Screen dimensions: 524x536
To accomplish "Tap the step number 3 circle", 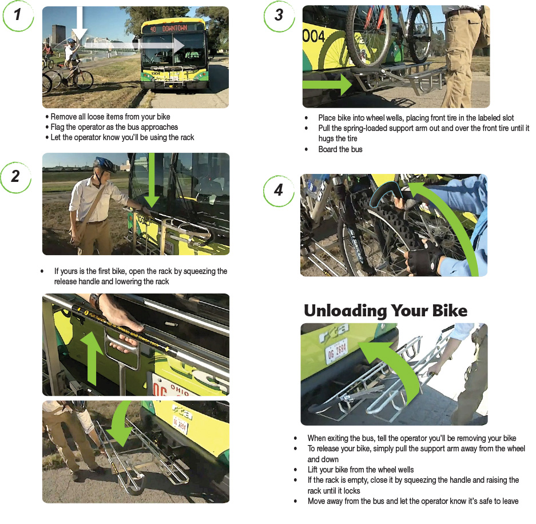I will coord(279,15).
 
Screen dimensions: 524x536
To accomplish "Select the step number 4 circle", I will coord(279,189).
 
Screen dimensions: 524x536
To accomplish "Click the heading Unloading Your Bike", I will coord(385,311).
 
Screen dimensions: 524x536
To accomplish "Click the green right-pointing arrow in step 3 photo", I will coord(327,85).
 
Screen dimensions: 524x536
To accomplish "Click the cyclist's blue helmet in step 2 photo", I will coord(105,165).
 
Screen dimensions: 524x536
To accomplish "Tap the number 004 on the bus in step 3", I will coord(313,37).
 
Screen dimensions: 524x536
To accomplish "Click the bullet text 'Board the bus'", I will coord(340,149).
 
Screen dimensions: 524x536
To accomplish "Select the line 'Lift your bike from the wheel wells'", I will coord(360,470).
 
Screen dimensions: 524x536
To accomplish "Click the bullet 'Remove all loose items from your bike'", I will coord(110,117).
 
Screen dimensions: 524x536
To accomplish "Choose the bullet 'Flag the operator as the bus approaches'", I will coord(114,127).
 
